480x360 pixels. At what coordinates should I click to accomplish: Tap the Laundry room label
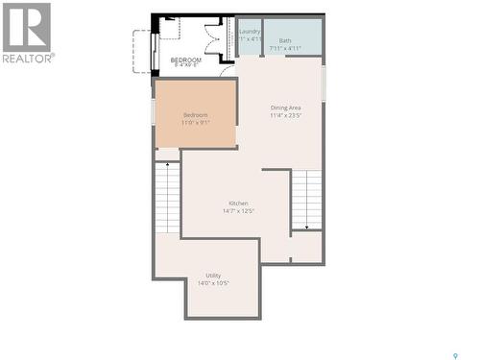[250, 31]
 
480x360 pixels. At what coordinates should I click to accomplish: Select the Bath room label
[285, 40]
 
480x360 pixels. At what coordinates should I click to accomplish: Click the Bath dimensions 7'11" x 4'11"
[285, 48]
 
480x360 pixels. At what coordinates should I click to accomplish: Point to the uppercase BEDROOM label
[186, 60]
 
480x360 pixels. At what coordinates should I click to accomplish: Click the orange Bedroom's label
[195, 115]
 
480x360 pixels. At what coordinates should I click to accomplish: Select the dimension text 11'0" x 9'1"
[195, 123]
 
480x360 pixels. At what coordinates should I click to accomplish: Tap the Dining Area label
[286, 108]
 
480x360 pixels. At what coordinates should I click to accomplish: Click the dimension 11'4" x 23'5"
[286, 115]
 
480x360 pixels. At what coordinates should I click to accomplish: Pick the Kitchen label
[239, 203]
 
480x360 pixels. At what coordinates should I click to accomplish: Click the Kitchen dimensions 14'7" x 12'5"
[239, 210]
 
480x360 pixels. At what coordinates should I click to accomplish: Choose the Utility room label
[213, 276]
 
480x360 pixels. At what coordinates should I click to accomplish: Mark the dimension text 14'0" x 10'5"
[213, 283]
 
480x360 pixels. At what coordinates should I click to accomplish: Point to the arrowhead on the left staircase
[168, 165]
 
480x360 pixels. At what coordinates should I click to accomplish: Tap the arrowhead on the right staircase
[306, 228]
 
